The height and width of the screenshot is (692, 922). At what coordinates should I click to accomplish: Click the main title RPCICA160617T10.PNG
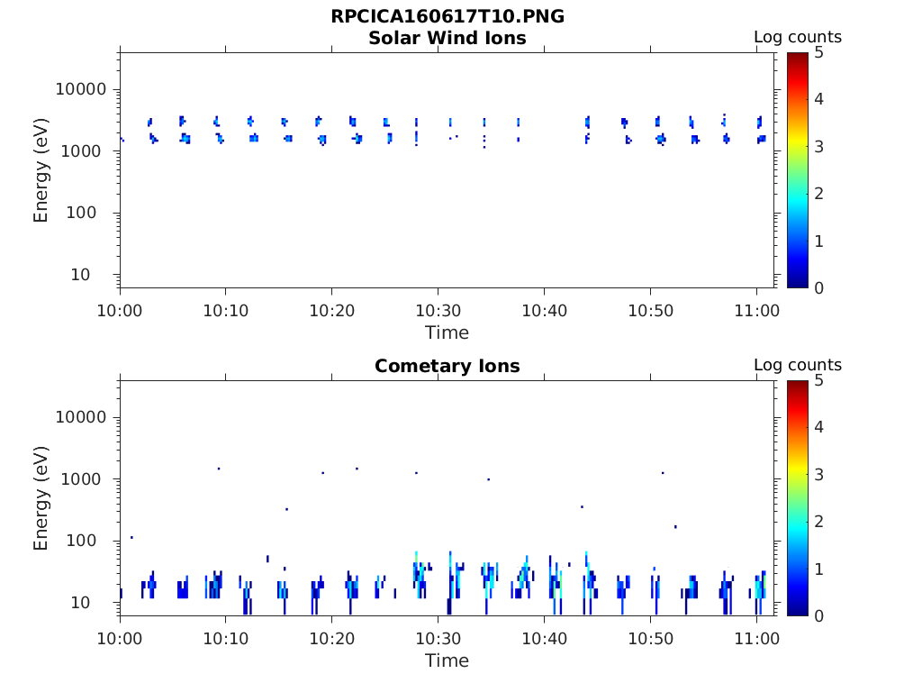point(447,16)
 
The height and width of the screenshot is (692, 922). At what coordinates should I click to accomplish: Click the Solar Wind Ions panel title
point(447,38)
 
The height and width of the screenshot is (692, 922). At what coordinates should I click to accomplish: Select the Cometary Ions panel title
point(447,366)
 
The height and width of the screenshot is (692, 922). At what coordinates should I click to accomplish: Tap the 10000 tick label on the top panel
point(82,89)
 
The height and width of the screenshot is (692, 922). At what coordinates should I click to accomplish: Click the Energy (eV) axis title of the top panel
point(41,169)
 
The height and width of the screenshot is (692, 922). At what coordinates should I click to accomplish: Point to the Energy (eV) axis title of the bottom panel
point(41,497)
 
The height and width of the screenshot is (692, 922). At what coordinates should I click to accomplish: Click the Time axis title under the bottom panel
point(447,660)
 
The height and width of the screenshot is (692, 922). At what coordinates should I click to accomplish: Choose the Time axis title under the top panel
point(447,332)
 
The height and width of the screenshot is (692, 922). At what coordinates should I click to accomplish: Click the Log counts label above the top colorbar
point(797,37)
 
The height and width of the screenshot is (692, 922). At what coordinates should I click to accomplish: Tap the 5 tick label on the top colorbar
point(818,52)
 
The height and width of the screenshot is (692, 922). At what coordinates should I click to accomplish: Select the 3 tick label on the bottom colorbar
point(818,474)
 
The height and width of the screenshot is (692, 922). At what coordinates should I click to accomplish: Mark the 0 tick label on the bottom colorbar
point(818,615)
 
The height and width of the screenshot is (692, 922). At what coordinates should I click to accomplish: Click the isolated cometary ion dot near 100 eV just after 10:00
point(131,537)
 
